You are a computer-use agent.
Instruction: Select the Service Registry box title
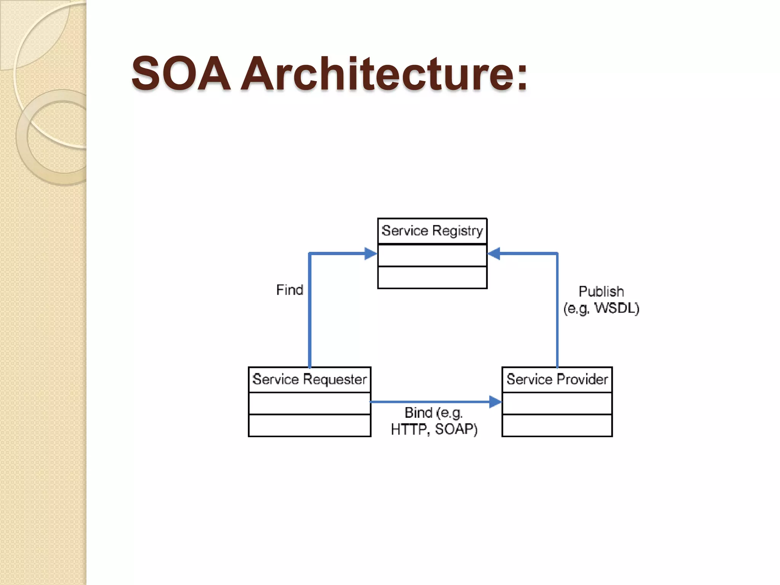pyautogui.click(x=432, y=231)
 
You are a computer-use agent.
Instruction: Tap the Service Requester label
pyautogui.click(x=309, y=379)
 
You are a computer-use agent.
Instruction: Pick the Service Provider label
pyautogui.click(x=557, y=379)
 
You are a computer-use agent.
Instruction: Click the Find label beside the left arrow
pyautogui.click(x=289, y=290)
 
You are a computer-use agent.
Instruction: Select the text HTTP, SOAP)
pyautogui.click(x=434, y=429)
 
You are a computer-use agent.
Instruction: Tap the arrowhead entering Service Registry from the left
pyautogui.click(x=371, y=254)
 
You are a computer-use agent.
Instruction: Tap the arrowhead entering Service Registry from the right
pyautogui.click(x=494, y=254)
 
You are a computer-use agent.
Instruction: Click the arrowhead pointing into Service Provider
pyautogui.click(x=495, y=402)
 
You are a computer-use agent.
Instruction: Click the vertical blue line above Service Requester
pyautogui.click(x=310, y=312)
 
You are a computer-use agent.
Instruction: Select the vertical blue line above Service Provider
pyautogui.click(x=557, y=312)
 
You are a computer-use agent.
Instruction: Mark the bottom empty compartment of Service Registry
pyautogui.click(x=432, y=277)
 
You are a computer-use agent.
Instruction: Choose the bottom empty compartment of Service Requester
pyautogui.click(x=309, y=425)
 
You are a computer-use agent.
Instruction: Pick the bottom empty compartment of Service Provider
pyautogui.click(x=557, y=425)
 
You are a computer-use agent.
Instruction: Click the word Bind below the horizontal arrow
pyautogui.click(x=418, y=413)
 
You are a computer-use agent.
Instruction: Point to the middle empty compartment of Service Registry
pyautogui.click(x=432, y=255)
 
